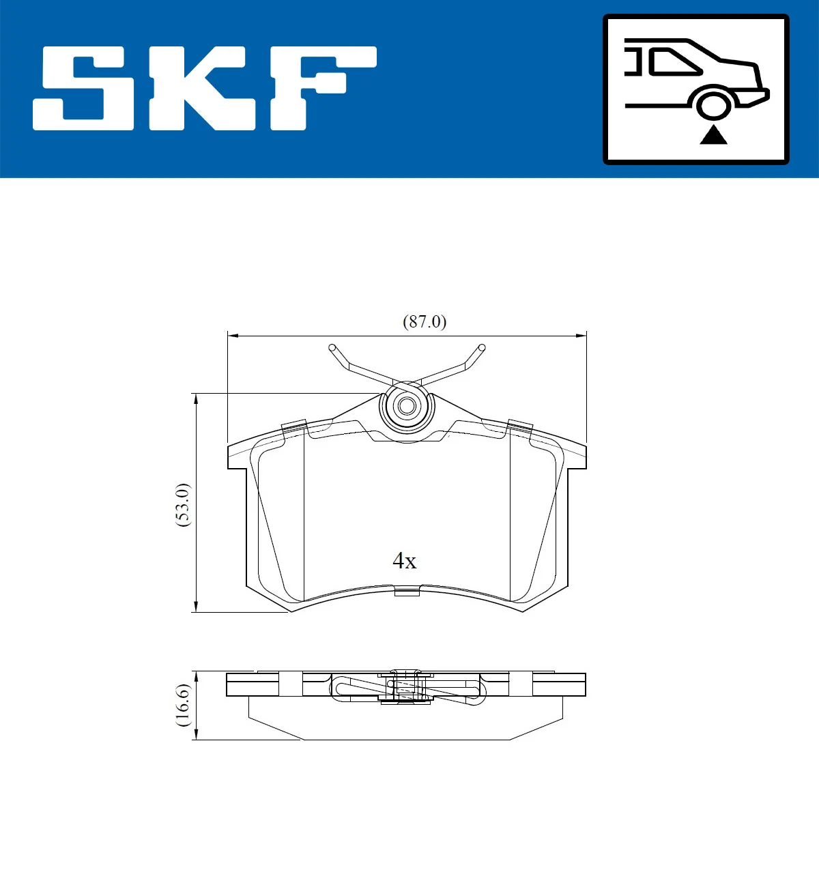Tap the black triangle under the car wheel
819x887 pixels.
click(713, 135)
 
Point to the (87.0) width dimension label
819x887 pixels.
click(425, 321)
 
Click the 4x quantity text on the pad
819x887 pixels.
click(404, 561)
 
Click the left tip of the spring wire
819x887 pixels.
click(332, 347)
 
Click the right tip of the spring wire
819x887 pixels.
click(482, 347)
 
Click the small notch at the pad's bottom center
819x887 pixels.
click(407, 591)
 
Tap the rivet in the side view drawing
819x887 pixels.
click(407, 686)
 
